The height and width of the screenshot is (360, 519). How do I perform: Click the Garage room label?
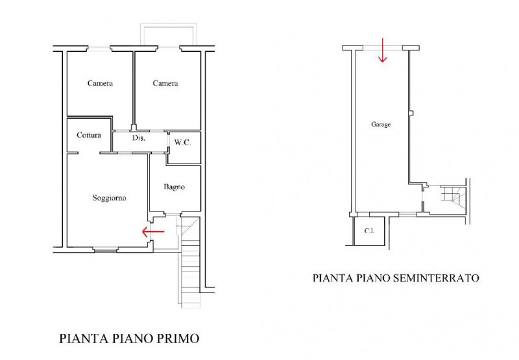click(x=381, y=125)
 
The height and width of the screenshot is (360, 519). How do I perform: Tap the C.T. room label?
click(x=370, y=232)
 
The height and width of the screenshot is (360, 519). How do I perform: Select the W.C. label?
click(x=182, y=142)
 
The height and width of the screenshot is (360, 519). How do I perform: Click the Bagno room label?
click(x=174, y=187)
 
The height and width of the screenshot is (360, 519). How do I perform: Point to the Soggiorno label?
click(x=109, y=198)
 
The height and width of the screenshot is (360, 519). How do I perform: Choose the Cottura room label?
click(x=88, y=136)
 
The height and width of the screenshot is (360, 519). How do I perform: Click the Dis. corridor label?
click(x=138, y=139)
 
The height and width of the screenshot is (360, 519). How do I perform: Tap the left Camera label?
click(x=100, y=83)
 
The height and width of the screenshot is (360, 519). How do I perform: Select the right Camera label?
click(x=165, y=83)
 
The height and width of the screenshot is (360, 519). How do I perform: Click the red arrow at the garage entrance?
click(x=382, y=51)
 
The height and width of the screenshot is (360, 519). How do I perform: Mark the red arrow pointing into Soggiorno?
click(x=154, y=230)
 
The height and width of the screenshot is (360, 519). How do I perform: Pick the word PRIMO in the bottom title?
click(x=177, y=338)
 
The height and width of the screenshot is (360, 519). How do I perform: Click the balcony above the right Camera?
click(x=168, y=36)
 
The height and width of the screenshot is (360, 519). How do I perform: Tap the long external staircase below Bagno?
click(x=189, y=272)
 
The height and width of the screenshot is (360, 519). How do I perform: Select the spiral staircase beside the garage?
click(x=452, y=195)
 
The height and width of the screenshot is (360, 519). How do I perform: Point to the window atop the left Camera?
click(x=99, y=49)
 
